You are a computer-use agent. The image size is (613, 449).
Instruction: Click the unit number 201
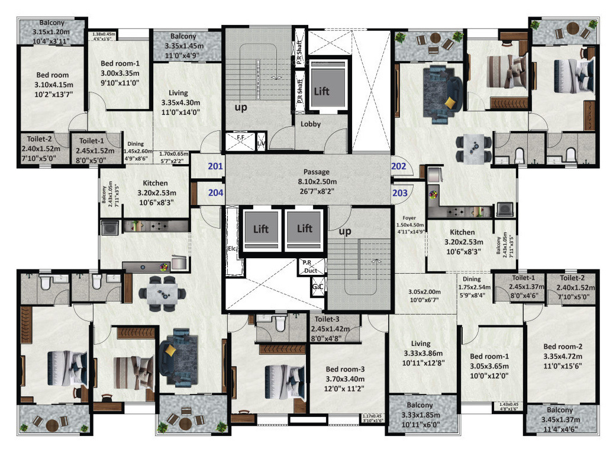click(215, 166)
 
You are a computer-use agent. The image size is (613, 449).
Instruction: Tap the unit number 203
click(400, 192)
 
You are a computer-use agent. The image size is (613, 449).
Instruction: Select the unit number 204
click(215, 192)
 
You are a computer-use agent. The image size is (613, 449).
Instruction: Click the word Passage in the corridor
click(317, 172)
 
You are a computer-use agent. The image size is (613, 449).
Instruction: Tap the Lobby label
click(311, 124)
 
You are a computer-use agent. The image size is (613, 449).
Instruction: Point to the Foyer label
click(409, 217)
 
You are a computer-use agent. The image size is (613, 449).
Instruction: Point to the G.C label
click(317, 287)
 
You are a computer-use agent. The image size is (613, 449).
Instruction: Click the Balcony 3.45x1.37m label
click(560, 418)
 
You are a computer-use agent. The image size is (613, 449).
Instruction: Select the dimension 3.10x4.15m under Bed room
click(52, 85)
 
